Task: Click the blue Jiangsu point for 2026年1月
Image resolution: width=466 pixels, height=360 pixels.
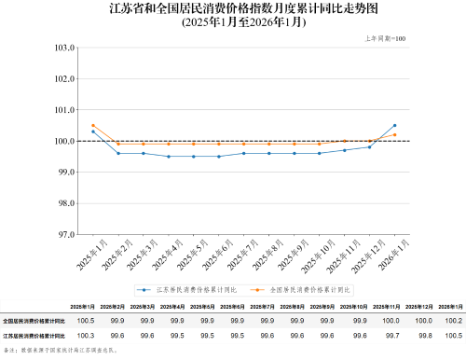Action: (394, 125)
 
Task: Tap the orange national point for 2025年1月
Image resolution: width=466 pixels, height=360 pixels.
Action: (93, 125)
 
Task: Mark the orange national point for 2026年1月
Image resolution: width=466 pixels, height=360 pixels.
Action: (394, 134)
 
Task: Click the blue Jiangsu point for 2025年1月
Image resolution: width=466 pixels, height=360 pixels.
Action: (93, 132)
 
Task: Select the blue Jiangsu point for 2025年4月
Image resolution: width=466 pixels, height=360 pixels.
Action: (169, 157)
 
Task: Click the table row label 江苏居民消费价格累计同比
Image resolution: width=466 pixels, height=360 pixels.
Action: (32, 334)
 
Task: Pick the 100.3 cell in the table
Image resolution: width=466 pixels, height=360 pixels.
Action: (85, 334)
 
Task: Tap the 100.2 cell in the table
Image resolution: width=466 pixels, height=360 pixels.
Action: (453, 320)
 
